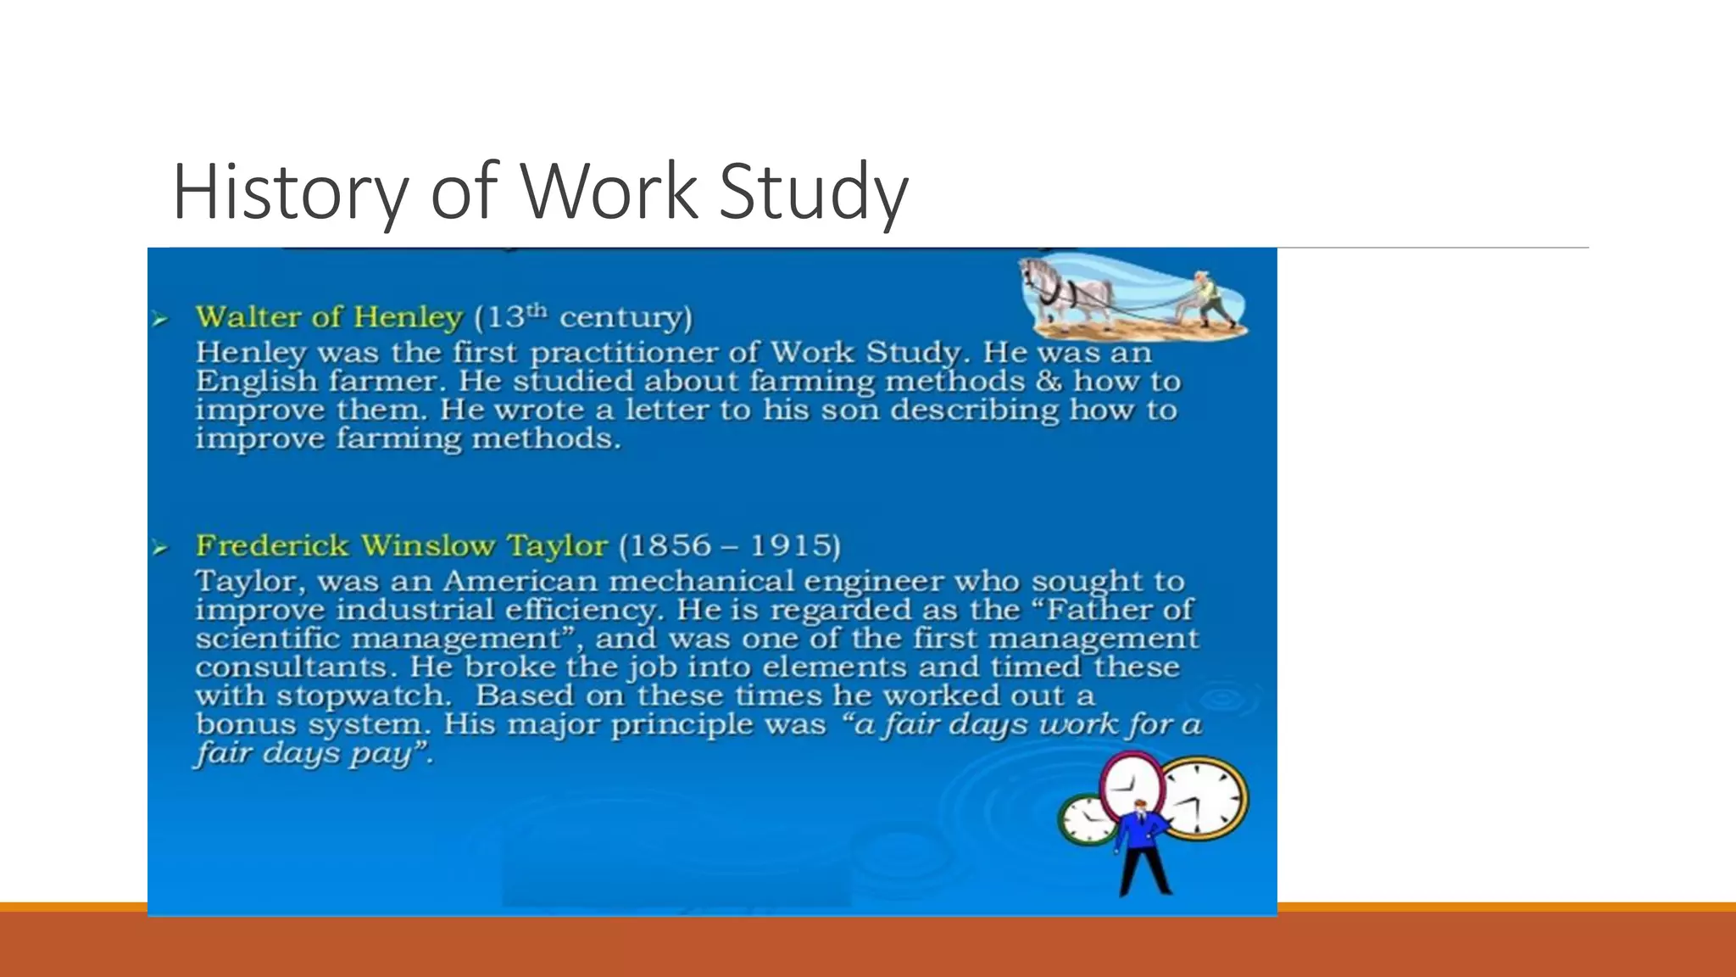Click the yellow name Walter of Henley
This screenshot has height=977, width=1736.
click(329, 317)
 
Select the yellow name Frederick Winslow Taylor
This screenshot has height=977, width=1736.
click(401, 545)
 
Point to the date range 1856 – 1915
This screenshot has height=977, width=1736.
click(730, 545)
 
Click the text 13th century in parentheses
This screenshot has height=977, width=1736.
click(583, 317)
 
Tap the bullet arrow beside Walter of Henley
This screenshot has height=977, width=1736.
click(159, 320)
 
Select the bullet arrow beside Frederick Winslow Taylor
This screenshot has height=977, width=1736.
click(159, 548)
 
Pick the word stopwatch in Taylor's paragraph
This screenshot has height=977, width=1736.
click(364, 696)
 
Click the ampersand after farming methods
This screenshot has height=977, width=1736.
click(1049, 382)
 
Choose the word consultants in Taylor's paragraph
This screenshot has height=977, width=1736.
click(291, 667)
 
